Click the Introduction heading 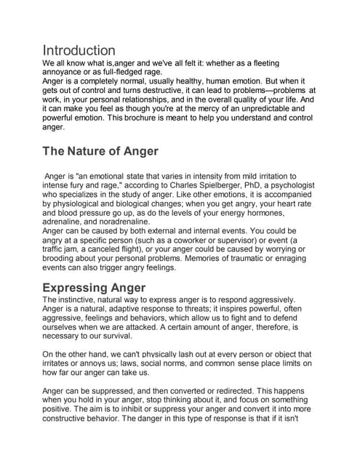(x=79, y=50)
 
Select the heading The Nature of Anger (x=100, y=151)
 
